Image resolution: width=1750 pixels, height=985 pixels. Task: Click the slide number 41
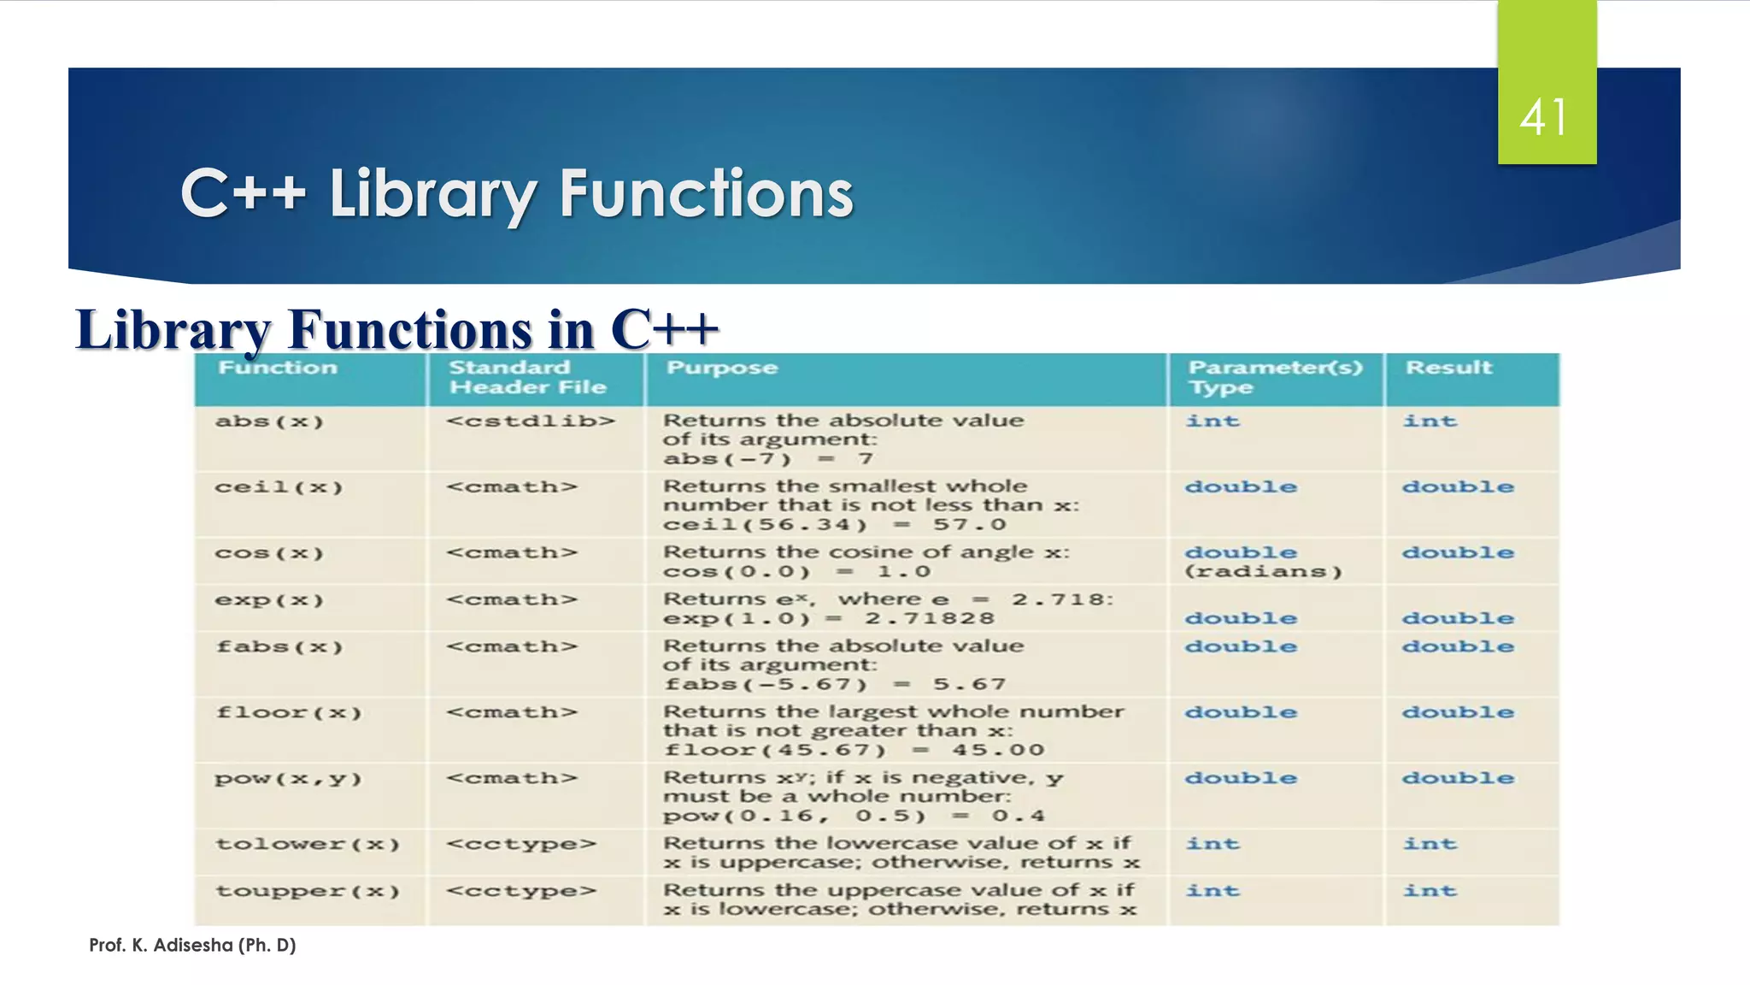(x=1544, y=117)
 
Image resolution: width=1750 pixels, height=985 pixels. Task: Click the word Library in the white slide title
(x=432, y=194)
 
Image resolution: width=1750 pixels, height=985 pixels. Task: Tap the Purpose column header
(x=722, y=368)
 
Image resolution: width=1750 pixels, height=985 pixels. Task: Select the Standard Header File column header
(x=527, y=377)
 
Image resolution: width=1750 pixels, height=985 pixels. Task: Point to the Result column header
(x=1448, y=368)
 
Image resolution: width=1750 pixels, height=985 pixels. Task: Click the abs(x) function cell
(x=269, y=422)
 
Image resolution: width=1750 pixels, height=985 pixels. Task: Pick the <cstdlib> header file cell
(x=530, y=421)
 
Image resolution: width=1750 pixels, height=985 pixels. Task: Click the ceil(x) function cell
(x=279, y=487)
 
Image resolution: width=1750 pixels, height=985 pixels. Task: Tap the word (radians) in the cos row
(x=1263, y=572)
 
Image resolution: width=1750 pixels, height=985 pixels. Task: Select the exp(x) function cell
(x=269, y=600)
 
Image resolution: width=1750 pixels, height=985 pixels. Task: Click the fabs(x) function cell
(x=279, y=647)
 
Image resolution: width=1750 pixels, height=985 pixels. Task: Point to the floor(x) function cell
(x=289, y=713)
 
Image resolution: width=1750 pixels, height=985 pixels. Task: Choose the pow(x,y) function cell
(x=289, y=779)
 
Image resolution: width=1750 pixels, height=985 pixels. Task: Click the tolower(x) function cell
(x=308, y=845)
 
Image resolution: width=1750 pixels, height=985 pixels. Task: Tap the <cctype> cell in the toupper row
(x=520, y=892)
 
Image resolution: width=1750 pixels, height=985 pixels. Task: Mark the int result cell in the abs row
(x=1430, y=422)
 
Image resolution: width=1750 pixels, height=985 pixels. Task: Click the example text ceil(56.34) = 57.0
(x=834, y=525)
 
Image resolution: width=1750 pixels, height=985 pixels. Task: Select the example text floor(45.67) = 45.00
(x=854, y=751)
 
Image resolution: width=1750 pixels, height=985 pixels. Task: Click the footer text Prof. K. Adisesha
(x=192, y=945)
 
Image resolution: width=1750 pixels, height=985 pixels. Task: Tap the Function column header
(x=278, y=368)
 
